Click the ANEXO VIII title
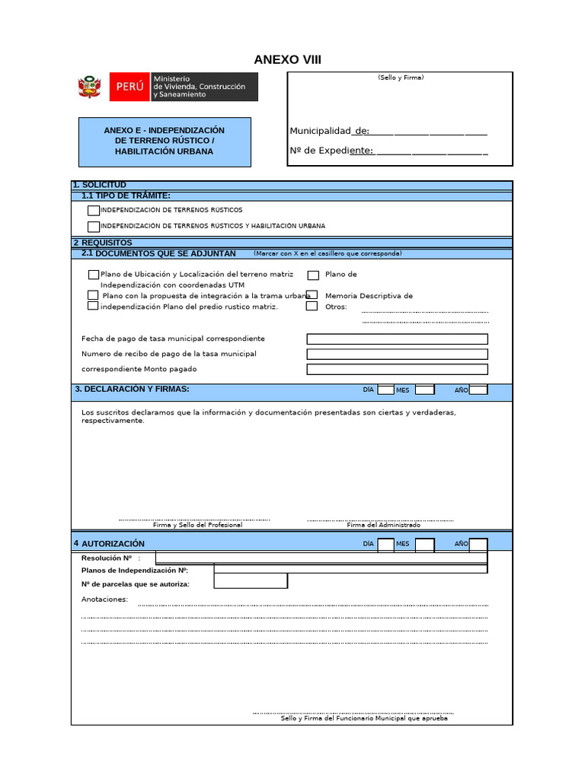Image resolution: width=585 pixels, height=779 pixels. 287,60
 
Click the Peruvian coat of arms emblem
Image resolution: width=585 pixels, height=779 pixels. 91,87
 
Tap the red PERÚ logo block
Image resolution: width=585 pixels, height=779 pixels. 129,87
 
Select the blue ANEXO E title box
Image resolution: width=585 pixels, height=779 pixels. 165,141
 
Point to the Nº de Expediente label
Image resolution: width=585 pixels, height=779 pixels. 331,151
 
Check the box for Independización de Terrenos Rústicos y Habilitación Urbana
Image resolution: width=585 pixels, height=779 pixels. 93,227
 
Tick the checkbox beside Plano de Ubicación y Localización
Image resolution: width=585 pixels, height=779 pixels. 93,275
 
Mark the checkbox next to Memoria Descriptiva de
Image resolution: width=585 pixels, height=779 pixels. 312,295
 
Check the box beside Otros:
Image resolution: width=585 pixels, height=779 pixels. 312,307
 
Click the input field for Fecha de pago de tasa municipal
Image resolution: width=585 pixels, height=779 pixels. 397,339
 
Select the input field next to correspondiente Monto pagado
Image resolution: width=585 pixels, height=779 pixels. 397,370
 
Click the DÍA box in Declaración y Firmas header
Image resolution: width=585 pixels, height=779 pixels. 385,390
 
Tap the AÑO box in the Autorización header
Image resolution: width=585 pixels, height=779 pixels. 478,544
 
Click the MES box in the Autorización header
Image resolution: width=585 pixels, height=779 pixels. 424,544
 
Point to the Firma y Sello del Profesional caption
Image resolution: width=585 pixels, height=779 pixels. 197,525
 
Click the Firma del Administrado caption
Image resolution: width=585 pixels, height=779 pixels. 383,525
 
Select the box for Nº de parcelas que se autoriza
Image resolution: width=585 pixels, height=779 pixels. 251,581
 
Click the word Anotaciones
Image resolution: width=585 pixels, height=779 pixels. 104,599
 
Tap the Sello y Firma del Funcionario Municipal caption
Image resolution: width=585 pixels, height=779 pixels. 364,718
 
